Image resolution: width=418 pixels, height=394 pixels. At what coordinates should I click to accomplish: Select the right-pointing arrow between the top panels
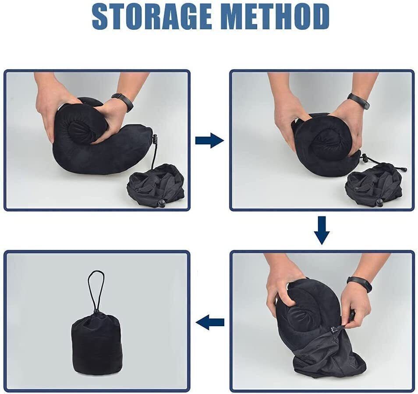209,140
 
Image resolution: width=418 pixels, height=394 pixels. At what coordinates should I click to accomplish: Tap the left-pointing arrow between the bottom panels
210,323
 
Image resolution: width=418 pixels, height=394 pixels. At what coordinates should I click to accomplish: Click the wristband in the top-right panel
359,101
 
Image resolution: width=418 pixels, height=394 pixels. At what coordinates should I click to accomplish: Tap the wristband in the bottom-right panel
359,284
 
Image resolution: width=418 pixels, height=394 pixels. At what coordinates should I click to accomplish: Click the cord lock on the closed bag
96,312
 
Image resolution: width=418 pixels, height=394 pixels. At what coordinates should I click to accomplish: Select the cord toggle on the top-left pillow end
154,139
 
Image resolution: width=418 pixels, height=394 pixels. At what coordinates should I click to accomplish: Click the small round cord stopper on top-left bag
161,202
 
